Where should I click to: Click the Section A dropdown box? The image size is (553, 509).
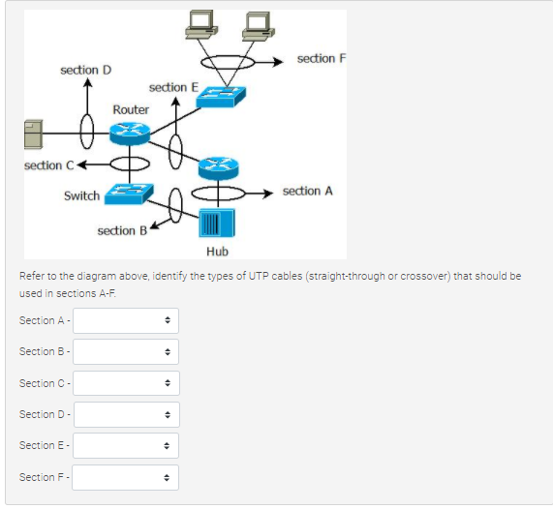coord(126,320)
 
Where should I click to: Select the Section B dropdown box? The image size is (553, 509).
coord(126,351)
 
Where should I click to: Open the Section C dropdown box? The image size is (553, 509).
coord(126,383)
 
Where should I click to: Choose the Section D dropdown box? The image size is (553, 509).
coord(126,414)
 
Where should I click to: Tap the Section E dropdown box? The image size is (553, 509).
coord(126,445)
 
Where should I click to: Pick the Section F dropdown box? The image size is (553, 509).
coord(126,476)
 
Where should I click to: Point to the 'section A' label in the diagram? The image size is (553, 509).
coord(307,192)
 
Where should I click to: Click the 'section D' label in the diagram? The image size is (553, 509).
coord(85,70)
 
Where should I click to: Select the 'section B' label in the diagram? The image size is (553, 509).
coord(122,230)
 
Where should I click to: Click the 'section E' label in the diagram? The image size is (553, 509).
coord(173,87)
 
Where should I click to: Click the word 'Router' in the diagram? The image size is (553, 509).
coord(131,109)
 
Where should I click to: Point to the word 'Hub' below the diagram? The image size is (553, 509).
coord(217,252)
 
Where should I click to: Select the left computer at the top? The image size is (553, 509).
coord(203,27)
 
